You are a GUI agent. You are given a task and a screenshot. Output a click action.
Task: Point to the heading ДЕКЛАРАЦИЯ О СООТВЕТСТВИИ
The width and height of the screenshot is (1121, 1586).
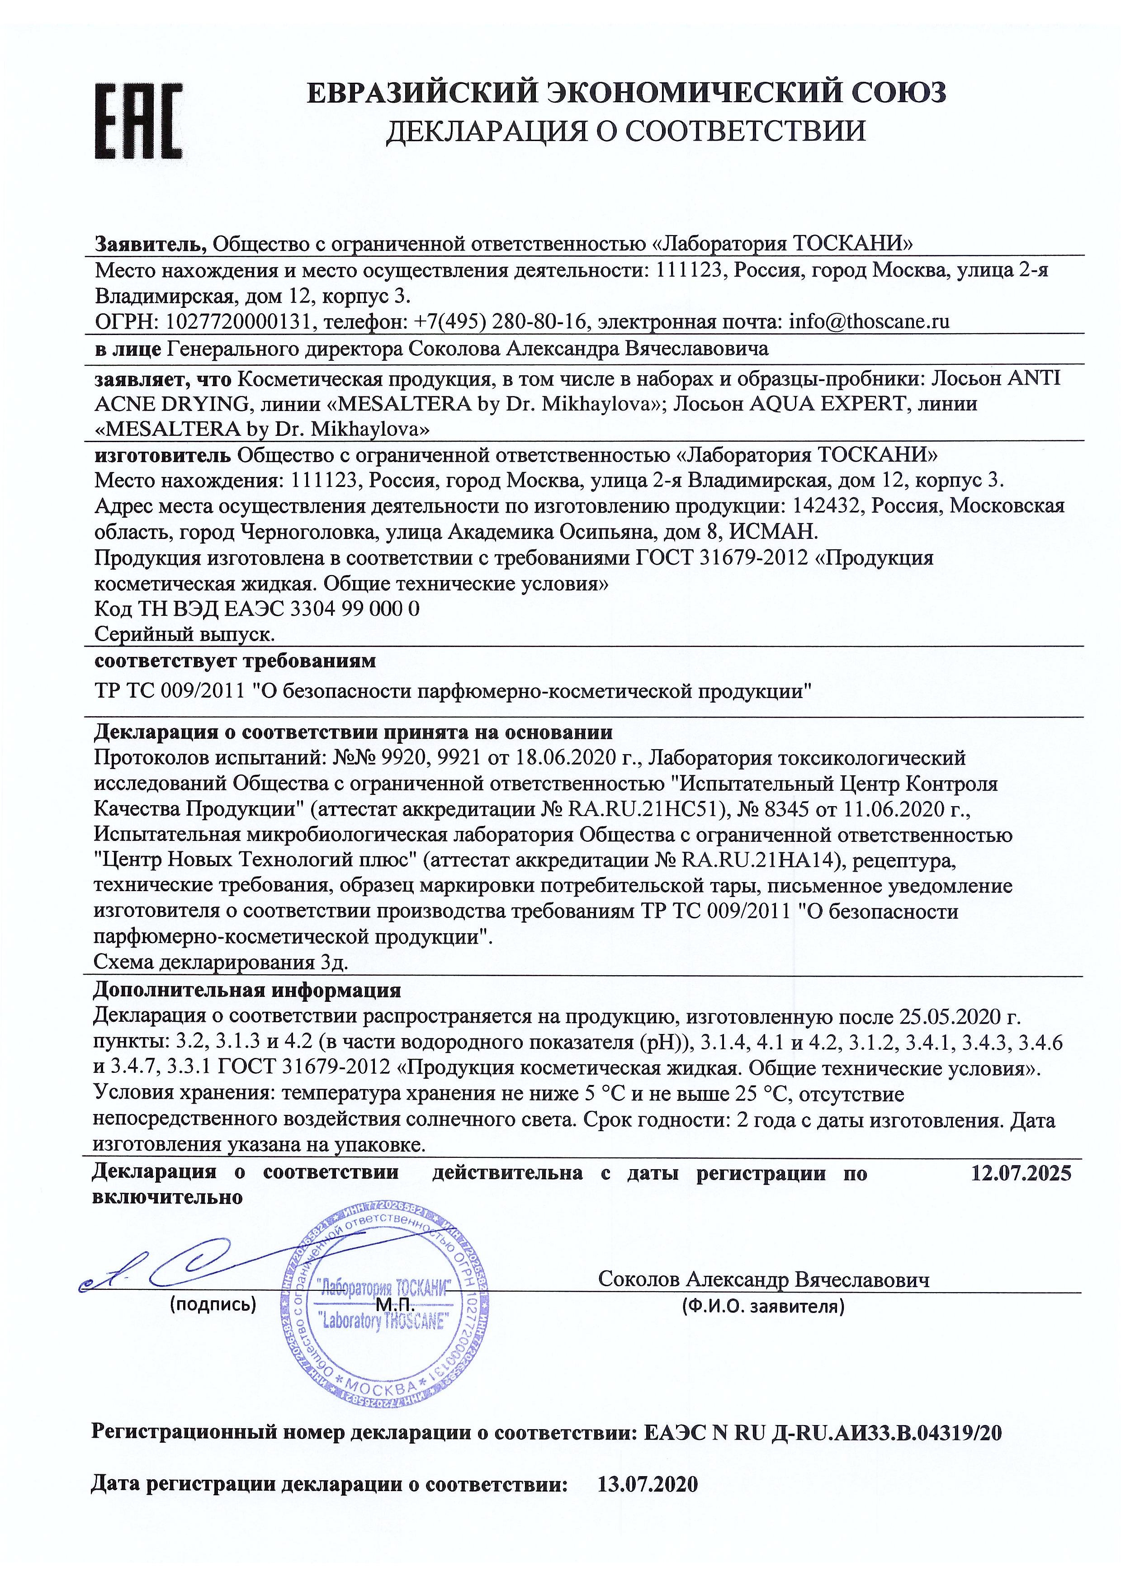pyautogui.click(x=625, y=131)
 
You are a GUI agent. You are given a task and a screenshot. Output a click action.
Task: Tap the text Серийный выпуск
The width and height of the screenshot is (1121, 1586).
pyautogui.click(x=184, y=633)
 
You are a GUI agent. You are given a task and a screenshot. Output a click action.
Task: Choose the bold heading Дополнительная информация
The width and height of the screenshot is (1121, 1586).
pyautogui.click(x=246, y=990)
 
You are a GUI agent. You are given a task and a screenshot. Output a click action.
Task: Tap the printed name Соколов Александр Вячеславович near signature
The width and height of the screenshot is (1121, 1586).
pyautogui.click(x=764, y=1279)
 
